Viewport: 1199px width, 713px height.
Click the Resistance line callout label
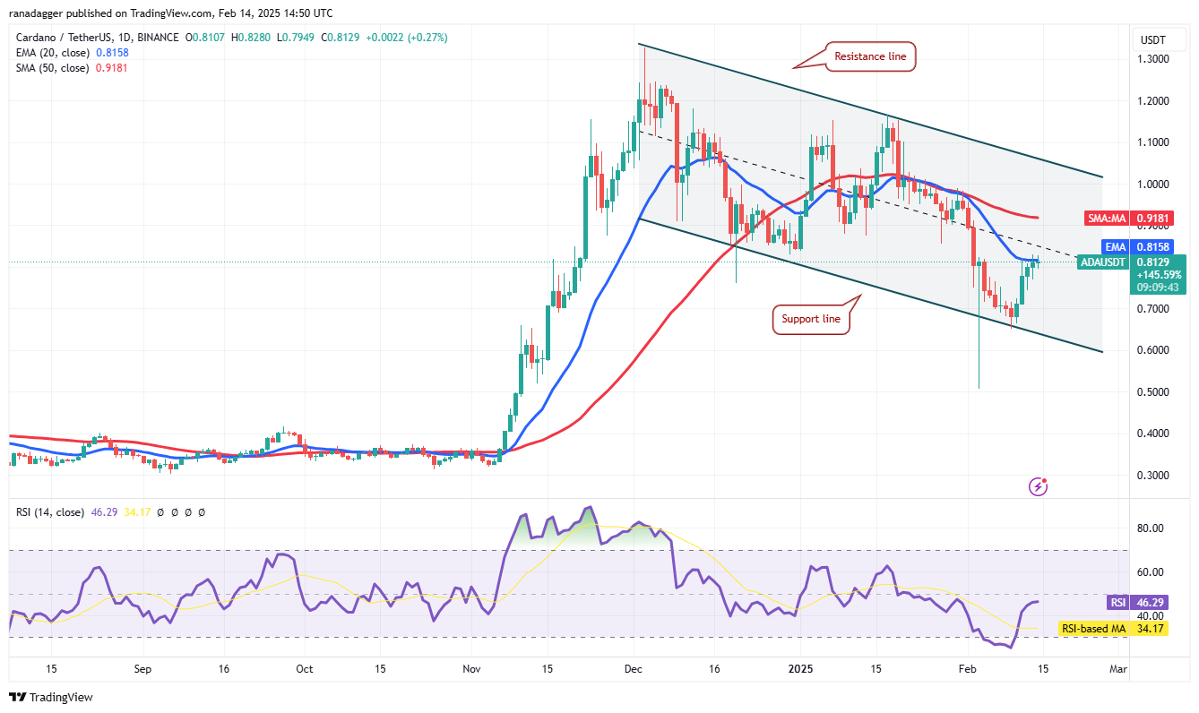click(x=870, y=56)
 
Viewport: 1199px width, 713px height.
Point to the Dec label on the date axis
click(x=633, y=668)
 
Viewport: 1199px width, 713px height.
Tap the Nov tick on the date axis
click(x=471, y=668)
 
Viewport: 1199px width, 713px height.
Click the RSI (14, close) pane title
click(x=50, y=512)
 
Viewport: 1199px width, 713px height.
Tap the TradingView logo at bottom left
click(x=51, y=697)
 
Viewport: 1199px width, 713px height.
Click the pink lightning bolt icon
click(x=1039, y=486)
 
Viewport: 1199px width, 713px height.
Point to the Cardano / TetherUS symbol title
click(x=64, y=38)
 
